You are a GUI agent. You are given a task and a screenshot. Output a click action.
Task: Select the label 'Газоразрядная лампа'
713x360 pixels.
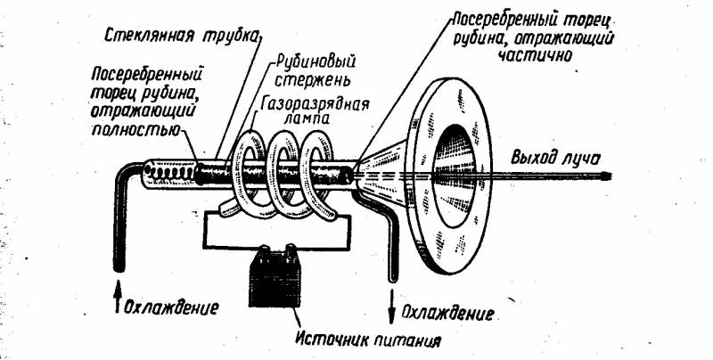(x=315, y=111)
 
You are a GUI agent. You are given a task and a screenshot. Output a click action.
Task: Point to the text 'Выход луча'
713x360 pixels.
(x=555, y=159)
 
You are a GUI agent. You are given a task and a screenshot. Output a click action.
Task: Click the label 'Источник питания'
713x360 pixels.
(x=367, y=340)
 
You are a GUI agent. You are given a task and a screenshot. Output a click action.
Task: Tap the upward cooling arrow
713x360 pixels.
(x=118, y=297)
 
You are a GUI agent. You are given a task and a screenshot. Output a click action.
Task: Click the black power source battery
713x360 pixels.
(x=275, y=276)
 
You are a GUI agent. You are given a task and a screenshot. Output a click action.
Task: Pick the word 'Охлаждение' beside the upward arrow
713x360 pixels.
(x=171, y=308)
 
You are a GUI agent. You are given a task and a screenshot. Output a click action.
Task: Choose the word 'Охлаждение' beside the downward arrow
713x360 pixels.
(x=448, y=313)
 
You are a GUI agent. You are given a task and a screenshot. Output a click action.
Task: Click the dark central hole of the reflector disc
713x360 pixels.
(x=454, y=175)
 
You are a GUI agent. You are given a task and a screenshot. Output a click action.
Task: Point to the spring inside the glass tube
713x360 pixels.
(x=170, y=173)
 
